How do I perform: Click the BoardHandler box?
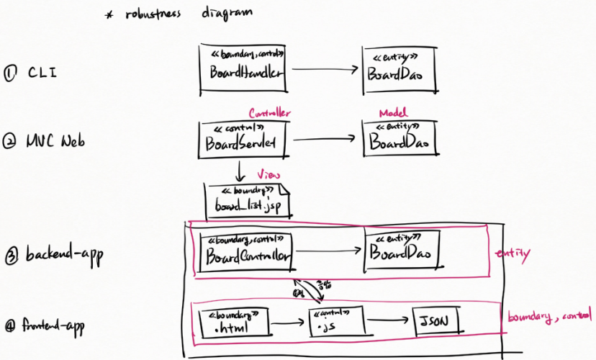(x=242, y=68)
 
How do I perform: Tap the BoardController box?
(x=248, y=250)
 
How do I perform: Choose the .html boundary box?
(x=231, y=323)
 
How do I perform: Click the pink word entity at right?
(x=513, y=253)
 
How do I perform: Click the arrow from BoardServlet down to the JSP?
(x=238, y=170)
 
